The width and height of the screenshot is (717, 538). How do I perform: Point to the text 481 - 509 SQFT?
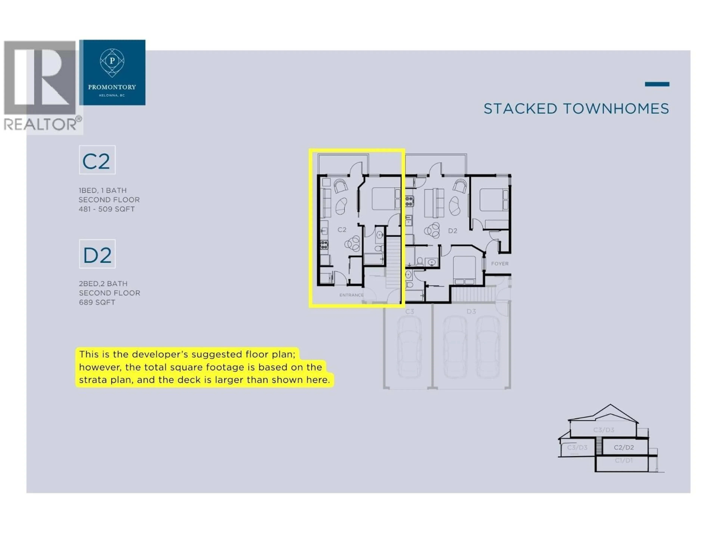pyautogui.click(x=107, y=209)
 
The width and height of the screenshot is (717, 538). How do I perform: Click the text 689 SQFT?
pyautogui.click(x=97, y=302)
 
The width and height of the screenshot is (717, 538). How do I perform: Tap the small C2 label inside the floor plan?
pyautogui.click(x=342, y=230)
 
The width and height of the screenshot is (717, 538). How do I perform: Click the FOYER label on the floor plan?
pyautogui.click(x=499, y=264)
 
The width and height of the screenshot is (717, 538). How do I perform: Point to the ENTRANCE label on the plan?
pyautogui.click(x=351, y=295)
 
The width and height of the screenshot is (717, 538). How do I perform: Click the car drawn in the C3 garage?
pyautogui.click(x=409, y=347)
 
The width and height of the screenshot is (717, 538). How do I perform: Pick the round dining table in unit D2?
pyautogui.click(x=432, y=231)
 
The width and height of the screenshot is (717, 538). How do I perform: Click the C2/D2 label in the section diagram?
pyautogui.click(x=624, y=448)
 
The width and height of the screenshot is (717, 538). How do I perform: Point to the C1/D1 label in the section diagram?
pyautogui.click(x=624, y=460)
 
